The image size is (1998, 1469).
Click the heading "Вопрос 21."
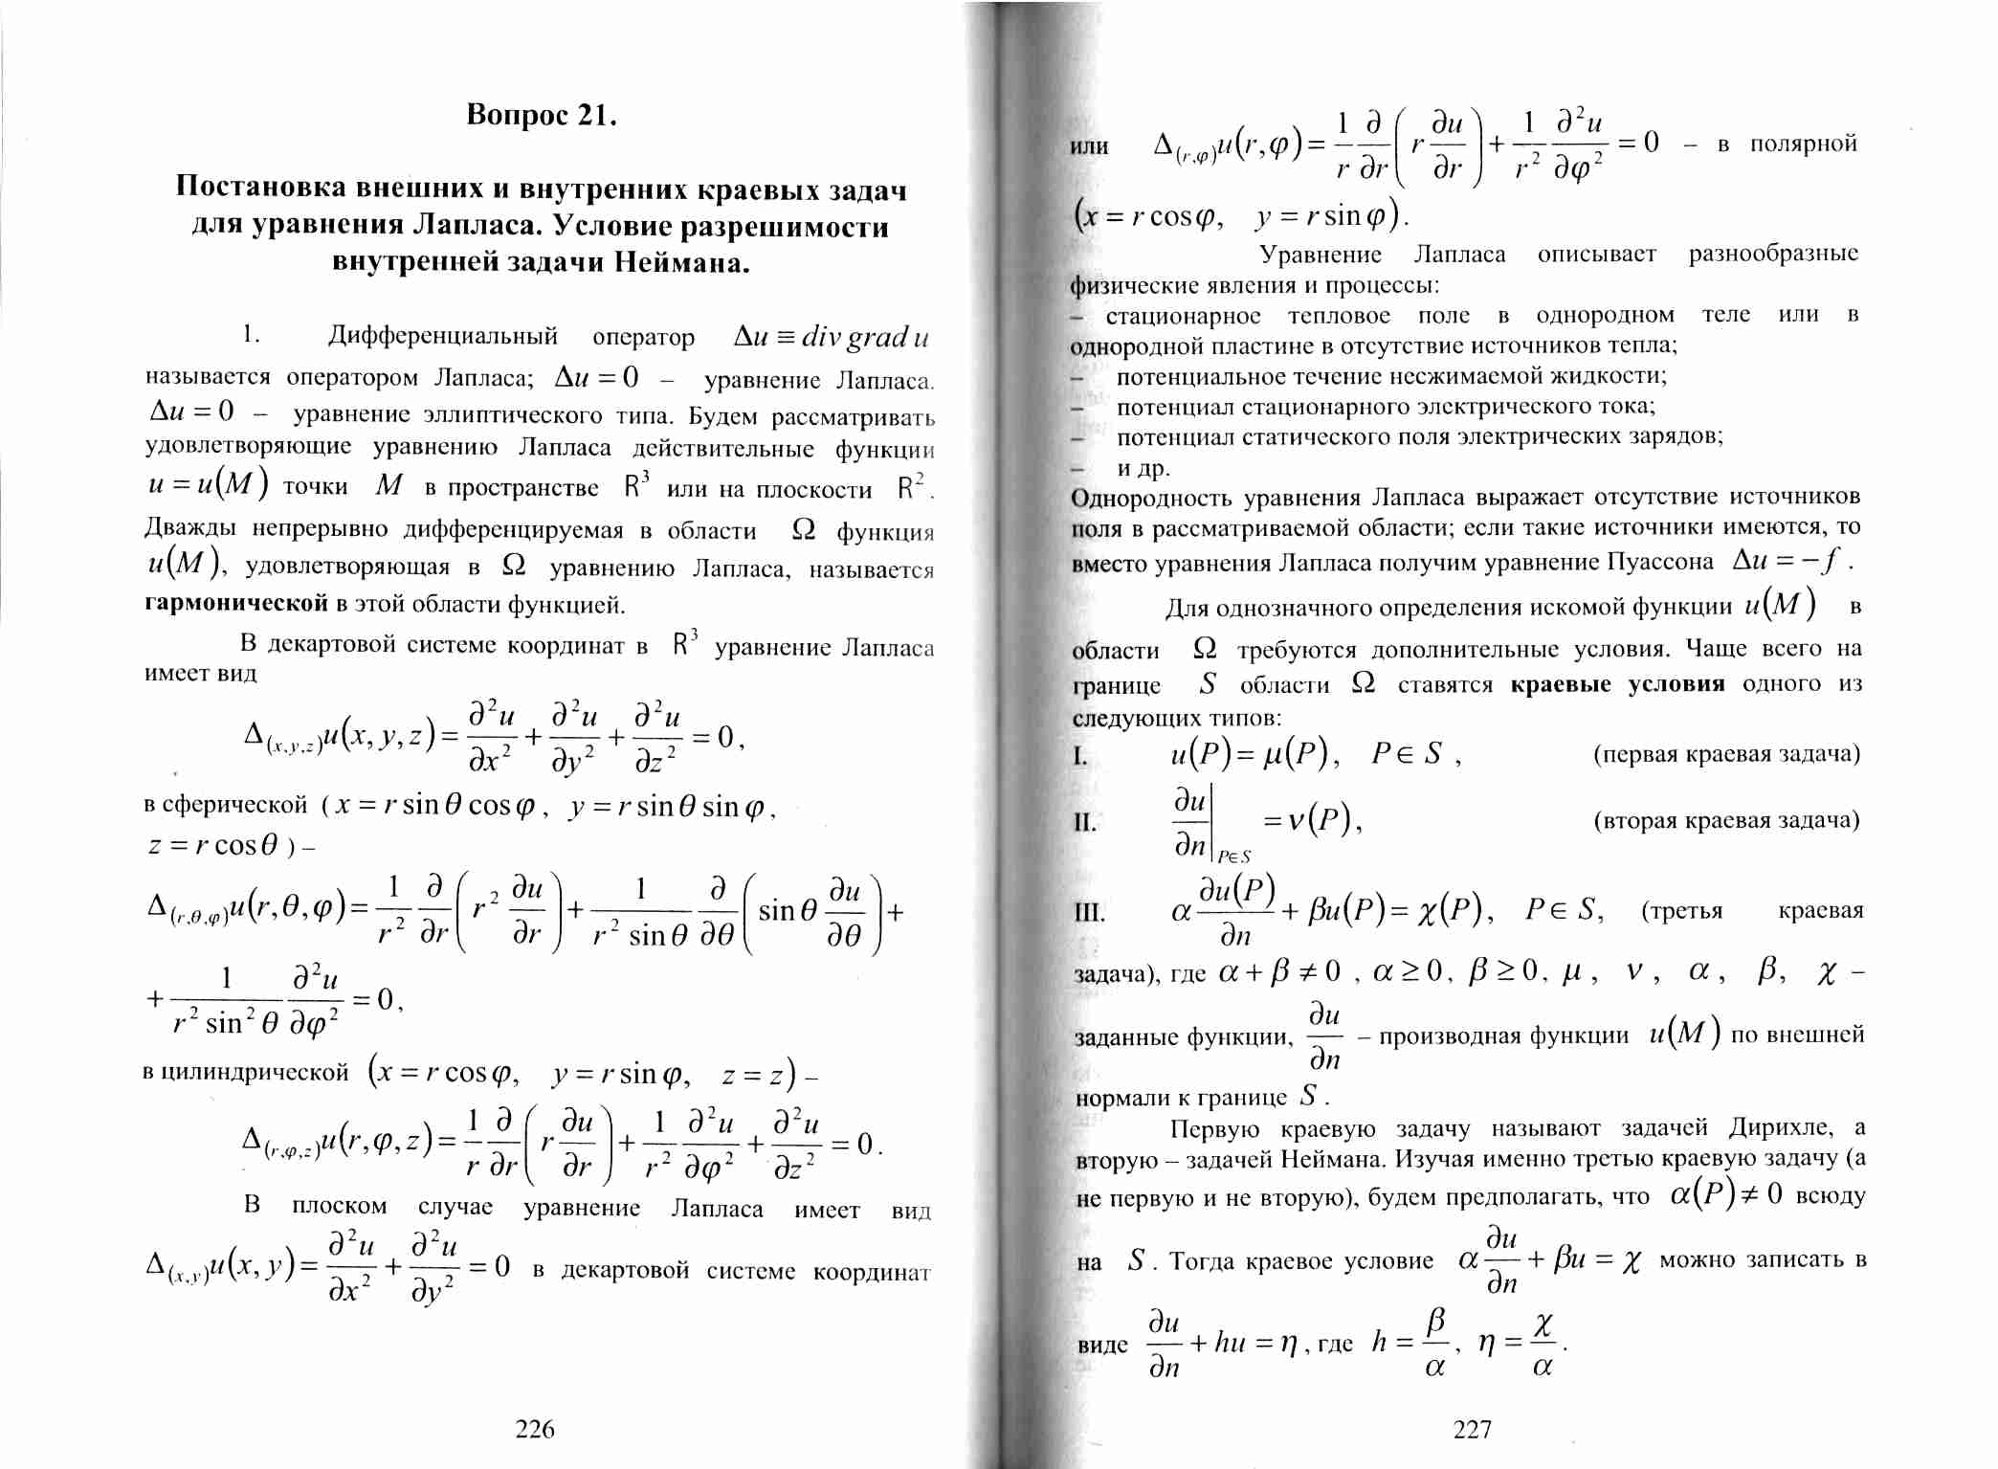click(541, 116)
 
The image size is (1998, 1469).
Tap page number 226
click(535, 1429)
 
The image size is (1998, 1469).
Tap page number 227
click(1473, 1429)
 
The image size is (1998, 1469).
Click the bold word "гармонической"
click(236, 604)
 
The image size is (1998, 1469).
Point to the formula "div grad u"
click(865, 337)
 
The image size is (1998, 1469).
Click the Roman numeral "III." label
click(1089, 912)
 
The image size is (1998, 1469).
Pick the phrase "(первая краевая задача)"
click(1726, 754)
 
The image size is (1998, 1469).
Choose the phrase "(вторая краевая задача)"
click(1726, 821)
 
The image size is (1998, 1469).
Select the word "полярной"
click(1803, 144)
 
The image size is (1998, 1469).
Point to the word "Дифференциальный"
click(442, 336)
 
